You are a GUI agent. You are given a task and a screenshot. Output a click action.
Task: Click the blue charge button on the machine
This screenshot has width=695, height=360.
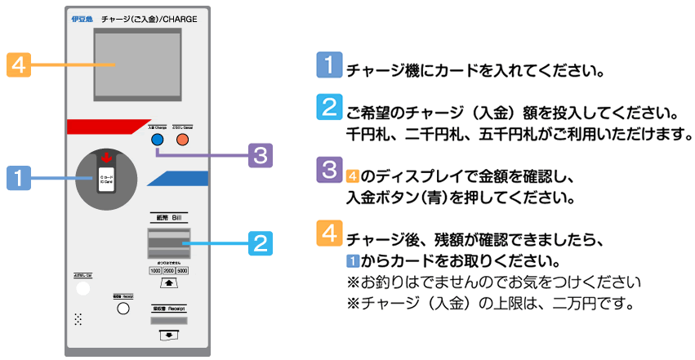pyautogui.click(x=157, y=140)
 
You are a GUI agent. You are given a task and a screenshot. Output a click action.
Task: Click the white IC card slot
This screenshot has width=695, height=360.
pyautogui.click(x=106, y=179)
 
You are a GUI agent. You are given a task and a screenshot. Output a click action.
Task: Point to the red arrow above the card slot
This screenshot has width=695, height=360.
pyautogui.click(x=106, y=158)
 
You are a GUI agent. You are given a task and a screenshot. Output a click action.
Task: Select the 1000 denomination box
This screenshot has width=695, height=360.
pyautogui.click(x=155, y=270)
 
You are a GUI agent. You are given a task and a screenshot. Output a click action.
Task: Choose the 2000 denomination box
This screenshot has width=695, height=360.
pyautogui.click(x=170, y=270)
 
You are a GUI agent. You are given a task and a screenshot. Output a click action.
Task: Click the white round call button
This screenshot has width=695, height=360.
pyautogui.click(x=82, y=287)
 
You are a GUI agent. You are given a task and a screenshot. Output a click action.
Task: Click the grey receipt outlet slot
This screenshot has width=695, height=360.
pyautogui.click(x=169, y=321)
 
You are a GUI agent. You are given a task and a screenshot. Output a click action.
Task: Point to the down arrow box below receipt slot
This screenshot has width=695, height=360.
pyautogui.click(x=169, y=335)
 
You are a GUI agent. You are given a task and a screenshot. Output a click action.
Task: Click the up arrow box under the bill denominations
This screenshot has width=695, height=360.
pyautogui.click(x=169, y=283)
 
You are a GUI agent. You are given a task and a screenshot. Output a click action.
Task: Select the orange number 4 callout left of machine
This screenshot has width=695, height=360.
pyautogui.click(x=19, y=64)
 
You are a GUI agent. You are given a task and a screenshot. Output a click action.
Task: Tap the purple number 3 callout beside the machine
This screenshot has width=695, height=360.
pyautogui.click(x=260, y=153)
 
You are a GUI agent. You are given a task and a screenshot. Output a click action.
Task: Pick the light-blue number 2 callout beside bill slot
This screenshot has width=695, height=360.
pyautogui.click(x=259, y=242)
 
